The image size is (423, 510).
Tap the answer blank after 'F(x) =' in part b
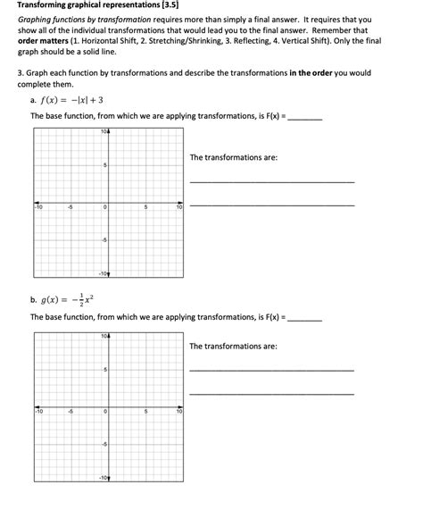point(305,318)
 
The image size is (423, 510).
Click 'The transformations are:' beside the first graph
point(233,157)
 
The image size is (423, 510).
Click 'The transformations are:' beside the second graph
point(233,346)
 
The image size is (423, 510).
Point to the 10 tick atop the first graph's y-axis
point(104,132)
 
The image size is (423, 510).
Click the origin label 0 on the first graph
point(104,207)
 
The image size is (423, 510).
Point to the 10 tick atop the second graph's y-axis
point(104,337)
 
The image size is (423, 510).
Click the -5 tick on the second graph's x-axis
point(71,412)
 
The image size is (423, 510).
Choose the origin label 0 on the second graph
point(104,412)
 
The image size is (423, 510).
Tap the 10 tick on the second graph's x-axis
point(178,412)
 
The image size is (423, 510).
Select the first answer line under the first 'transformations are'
point(271,182)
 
